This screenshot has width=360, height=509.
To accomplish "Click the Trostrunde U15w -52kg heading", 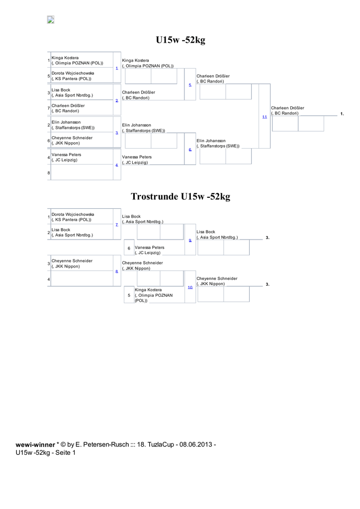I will coord(180,197).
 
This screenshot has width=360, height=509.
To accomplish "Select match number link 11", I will coord(265,116).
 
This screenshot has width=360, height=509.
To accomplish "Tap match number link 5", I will coord(190,85).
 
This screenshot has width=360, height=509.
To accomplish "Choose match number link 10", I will coord(190,287).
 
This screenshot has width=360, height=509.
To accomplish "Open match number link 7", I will coord(116,225).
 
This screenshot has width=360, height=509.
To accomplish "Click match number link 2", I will coord(116,100).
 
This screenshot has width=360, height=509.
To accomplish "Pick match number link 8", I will coord(116,271).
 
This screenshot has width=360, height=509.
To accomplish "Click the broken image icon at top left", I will coord(51,20).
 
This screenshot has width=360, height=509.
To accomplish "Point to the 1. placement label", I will coord(342,114).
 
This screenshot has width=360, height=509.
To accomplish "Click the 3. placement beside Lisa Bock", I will coord(268,238).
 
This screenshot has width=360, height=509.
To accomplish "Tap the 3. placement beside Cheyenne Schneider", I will coord(268,284).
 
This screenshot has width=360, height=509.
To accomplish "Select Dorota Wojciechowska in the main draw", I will coord(73,73).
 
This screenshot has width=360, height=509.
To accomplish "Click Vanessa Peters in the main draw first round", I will coord(66,155).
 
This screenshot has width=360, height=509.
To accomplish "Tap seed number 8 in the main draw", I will coord(49,172).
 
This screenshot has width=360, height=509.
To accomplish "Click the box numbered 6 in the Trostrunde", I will coord(129,248).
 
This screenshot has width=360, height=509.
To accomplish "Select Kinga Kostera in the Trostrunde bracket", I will coord(148,290).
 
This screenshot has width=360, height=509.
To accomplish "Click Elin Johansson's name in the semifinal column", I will coord(211,141).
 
